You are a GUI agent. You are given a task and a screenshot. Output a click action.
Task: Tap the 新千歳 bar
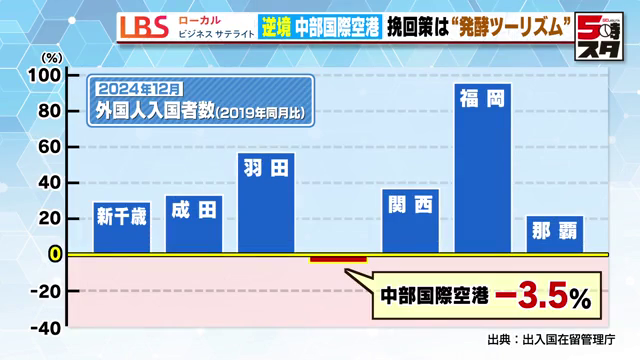point(122,226)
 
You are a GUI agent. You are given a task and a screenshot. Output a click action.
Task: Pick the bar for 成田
point(194,223)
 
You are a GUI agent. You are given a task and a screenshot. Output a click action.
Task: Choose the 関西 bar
point(410,220)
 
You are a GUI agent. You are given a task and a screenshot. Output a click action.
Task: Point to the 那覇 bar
point(554,234)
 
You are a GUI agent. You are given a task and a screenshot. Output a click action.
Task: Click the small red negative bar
point(338,259)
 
